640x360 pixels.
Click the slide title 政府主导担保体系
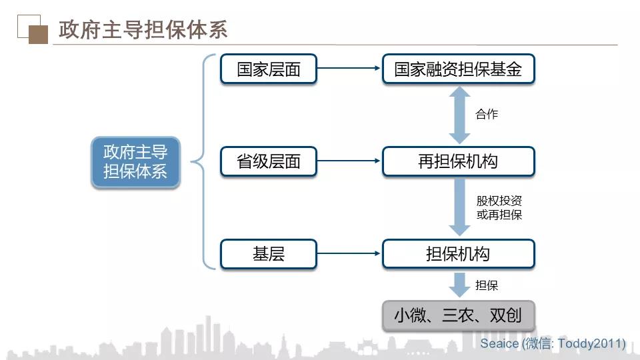[143, 29]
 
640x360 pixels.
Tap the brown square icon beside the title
[39, 35]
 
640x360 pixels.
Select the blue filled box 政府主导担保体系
[135, 162]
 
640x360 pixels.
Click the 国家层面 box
[269, 69]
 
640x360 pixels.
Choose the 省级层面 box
[269, 161]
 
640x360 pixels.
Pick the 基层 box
[269, 254]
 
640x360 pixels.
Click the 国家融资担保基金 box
[459, 69]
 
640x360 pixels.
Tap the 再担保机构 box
[459, 161]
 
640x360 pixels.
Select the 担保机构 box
[459, 254]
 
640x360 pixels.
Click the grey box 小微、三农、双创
[459, 315]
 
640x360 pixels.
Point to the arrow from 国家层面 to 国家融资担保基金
[349, 68]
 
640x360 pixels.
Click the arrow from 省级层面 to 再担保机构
[349, 161]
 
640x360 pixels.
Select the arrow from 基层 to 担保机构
[349, 253]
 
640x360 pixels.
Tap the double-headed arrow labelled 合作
[459, 115]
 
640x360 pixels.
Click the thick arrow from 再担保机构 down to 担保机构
[459, 207]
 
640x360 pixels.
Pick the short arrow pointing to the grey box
[459, 285]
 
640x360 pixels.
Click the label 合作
[487, 114]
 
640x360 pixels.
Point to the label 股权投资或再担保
[499, 207]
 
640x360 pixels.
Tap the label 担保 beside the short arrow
[487, 285]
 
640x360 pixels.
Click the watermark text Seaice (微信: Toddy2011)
[553, 343]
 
